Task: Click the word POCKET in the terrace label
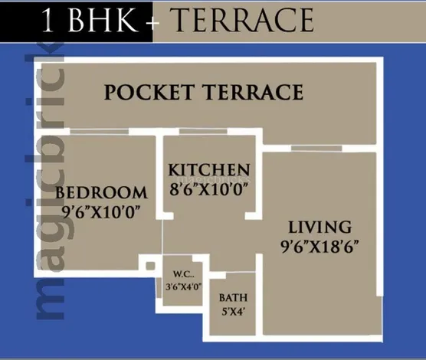click(149, 92)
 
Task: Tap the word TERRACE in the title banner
click(244, 20)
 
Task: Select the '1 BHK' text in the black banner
click(90, 20)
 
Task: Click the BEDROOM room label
click(101, 192)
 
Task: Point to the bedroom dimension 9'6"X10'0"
click(101, 211)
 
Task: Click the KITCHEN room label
click(209, 170)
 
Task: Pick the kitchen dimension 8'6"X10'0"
click(209, 189)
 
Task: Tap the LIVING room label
click(319, 227)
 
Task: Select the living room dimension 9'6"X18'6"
click(319, 247)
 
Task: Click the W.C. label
click(184, 274)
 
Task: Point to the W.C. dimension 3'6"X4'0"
click(184, 286)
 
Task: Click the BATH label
click(233, 298)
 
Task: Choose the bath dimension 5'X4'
click(233, 312)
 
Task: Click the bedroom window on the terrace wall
click(99, 132)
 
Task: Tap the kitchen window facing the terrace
click(203, 132)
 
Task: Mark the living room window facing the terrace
click(316, 149)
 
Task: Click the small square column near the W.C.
click(150, 266)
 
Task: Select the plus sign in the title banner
click(152, 22)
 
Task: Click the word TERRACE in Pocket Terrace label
click(253, 92)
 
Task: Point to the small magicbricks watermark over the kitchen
click(213, 179)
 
